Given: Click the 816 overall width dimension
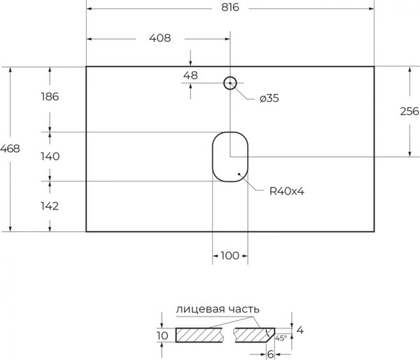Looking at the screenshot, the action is (x=230, y=8).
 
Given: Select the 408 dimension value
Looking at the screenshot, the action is (x=160, y=38).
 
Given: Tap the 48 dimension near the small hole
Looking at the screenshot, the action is (x=190, y=76).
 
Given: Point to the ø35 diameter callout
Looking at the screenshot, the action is (x=269, y=98).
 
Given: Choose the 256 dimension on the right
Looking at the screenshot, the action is (x=409, y=111).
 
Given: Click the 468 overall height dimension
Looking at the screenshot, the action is (x=10, y=148).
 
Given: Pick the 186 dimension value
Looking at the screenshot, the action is (x=50, y=97).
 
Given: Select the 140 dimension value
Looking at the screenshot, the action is (x=50, y=156).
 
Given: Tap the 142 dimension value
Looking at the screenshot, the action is (x=50, y=206).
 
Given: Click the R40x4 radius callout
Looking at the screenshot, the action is (x=286, y=191).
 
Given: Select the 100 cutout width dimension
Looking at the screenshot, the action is (x=230, y=256).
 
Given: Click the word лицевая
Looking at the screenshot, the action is (x=200, y=309).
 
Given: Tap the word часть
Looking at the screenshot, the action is (x=244, y=309).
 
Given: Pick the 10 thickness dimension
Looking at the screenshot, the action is (x=162, y=335).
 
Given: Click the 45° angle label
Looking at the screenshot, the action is (x=281, y=338).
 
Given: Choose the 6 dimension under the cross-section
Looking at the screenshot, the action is (x=270, y=354).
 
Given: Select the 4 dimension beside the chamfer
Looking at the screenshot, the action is (x=300, y=331).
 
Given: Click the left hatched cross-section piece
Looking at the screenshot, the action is (x=199, y=335).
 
